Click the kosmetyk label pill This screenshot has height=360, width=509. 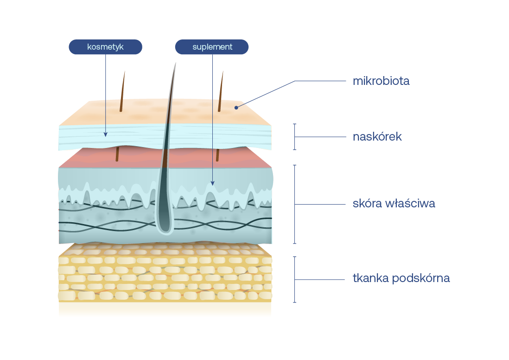pos(105,47)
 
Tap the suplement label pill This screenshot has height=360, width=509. pos(212,47)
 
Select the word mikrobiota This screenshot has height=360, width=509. pos(381,81)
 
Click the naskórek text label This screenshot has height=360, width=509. pos(377,137)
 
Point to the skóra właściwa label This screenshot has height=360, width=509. pos(394,204)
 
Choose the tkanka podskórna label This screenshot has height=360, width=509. pos(401,278)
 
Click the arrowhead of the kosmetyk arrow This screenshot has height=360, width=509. pos(105,135)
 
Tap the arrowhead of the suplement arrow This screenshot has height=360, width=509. pos(212,183)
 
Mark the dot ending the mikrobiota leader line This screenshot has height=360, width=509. pos(236,108)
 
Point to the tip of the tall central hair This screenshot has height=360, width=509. pos(176,64)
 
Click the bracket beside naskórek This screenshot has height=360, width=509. pos(294,137)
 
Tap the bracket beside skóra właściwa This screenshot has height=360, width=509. pos(294,204)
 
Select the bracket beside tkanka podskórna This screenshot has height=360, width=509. pos(294,279)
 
